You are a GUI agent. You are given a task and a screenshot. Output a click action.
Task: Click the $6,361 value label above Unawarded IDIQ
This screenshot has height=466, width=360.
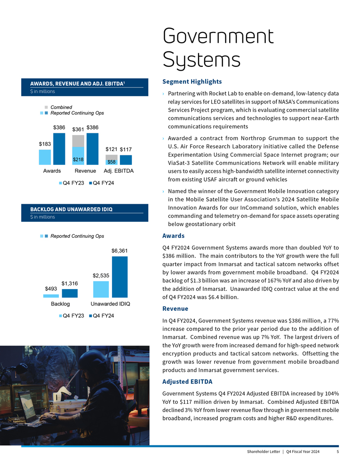coord(120,250)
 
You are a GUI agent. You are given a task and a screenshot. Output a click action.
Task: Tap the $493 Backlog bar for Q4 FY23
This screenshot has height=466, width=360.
coord(51,296)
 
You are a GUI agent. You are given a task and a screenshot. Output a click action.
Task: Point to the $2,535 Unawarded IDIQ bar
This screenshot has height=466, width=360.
coord(101,289)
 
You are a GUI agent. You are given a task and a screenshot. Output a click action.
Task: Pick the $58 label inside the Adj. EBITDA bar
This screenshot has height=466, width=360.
coord(112,162)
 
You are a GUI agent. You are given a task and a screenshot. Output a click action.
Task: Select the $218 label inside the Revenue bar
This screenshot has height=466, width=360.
coord(78,160)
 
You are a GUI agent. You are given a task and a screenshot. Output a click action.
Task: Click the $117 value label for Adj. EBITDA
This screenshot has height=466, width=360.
coord(126,149)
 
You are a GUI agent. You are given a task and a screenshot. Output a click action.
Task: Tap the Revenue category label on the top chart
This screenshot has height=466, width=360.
coord(85,171)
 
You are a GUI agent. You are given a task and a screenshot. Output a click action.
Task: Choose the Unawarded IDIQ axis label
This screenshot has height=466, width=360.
coord(110,304)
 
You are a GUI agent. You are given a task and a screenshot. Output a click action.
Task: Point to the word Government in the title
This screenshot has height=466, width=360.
coord(218,36)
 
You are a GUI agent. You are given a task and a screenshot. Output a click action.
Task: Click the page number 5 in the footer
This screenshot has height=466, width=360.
coord(337,452)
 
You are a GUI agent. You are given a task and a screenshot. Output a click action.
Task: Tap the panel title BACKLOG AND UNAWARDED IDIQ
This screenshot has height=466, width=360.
coord(71,209)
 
